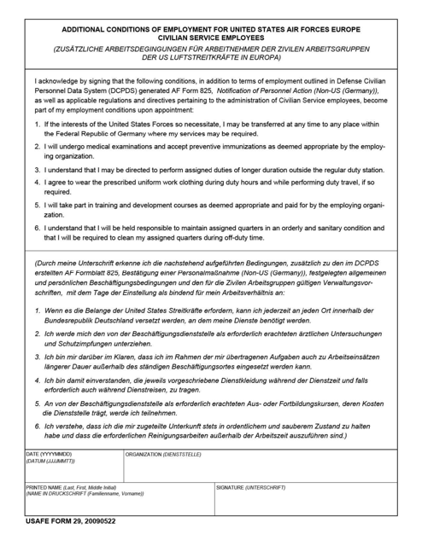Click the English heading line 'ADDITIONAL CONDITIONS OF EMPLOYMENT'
(x=210, y=28)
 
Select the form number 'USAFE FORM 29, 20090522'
(x=71, y=520)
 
